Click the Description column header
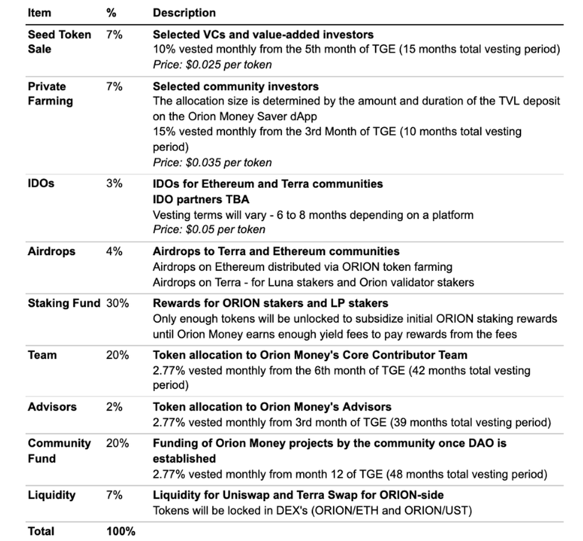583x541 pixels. (x=184, y=13)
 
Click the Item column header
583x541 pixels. (x=39, y=13)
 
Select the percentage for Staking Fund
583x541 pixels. (x=118, y=303)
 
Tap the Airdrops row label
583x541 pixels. (x=51, y=252)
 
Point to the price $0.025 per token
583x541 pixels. (x=212, y=65)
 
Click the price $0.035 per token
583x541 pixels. (x=212, y=162)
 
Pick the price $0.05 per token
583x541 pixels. (x=209, y=230)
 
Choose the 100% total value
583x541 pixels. (x=120, y=531)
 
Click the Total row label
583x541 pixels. (x=41, y=531)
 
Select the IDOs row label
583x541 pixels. (x=41, y=183)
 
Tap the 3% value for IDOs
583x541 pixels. (x=114, y=183)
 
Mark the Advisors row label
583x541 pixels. (x=52, y=407)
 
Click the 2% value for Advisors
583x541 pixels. (x=114, y=407)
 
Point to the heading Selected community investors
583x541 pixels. (x=236, y=87)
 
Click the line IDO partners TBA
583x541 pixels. (x=201, y=199)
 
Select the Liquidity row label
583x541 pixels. (x=51, y=495)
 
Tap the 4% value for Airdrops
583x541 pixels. (x=114, y=252)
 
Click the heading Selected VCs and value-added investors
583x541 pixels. (x=263, y=35)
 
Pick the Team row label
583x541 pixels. (x=42, y=355)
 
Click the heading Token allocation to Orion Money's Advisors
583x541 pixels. (x=272, y=407)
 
